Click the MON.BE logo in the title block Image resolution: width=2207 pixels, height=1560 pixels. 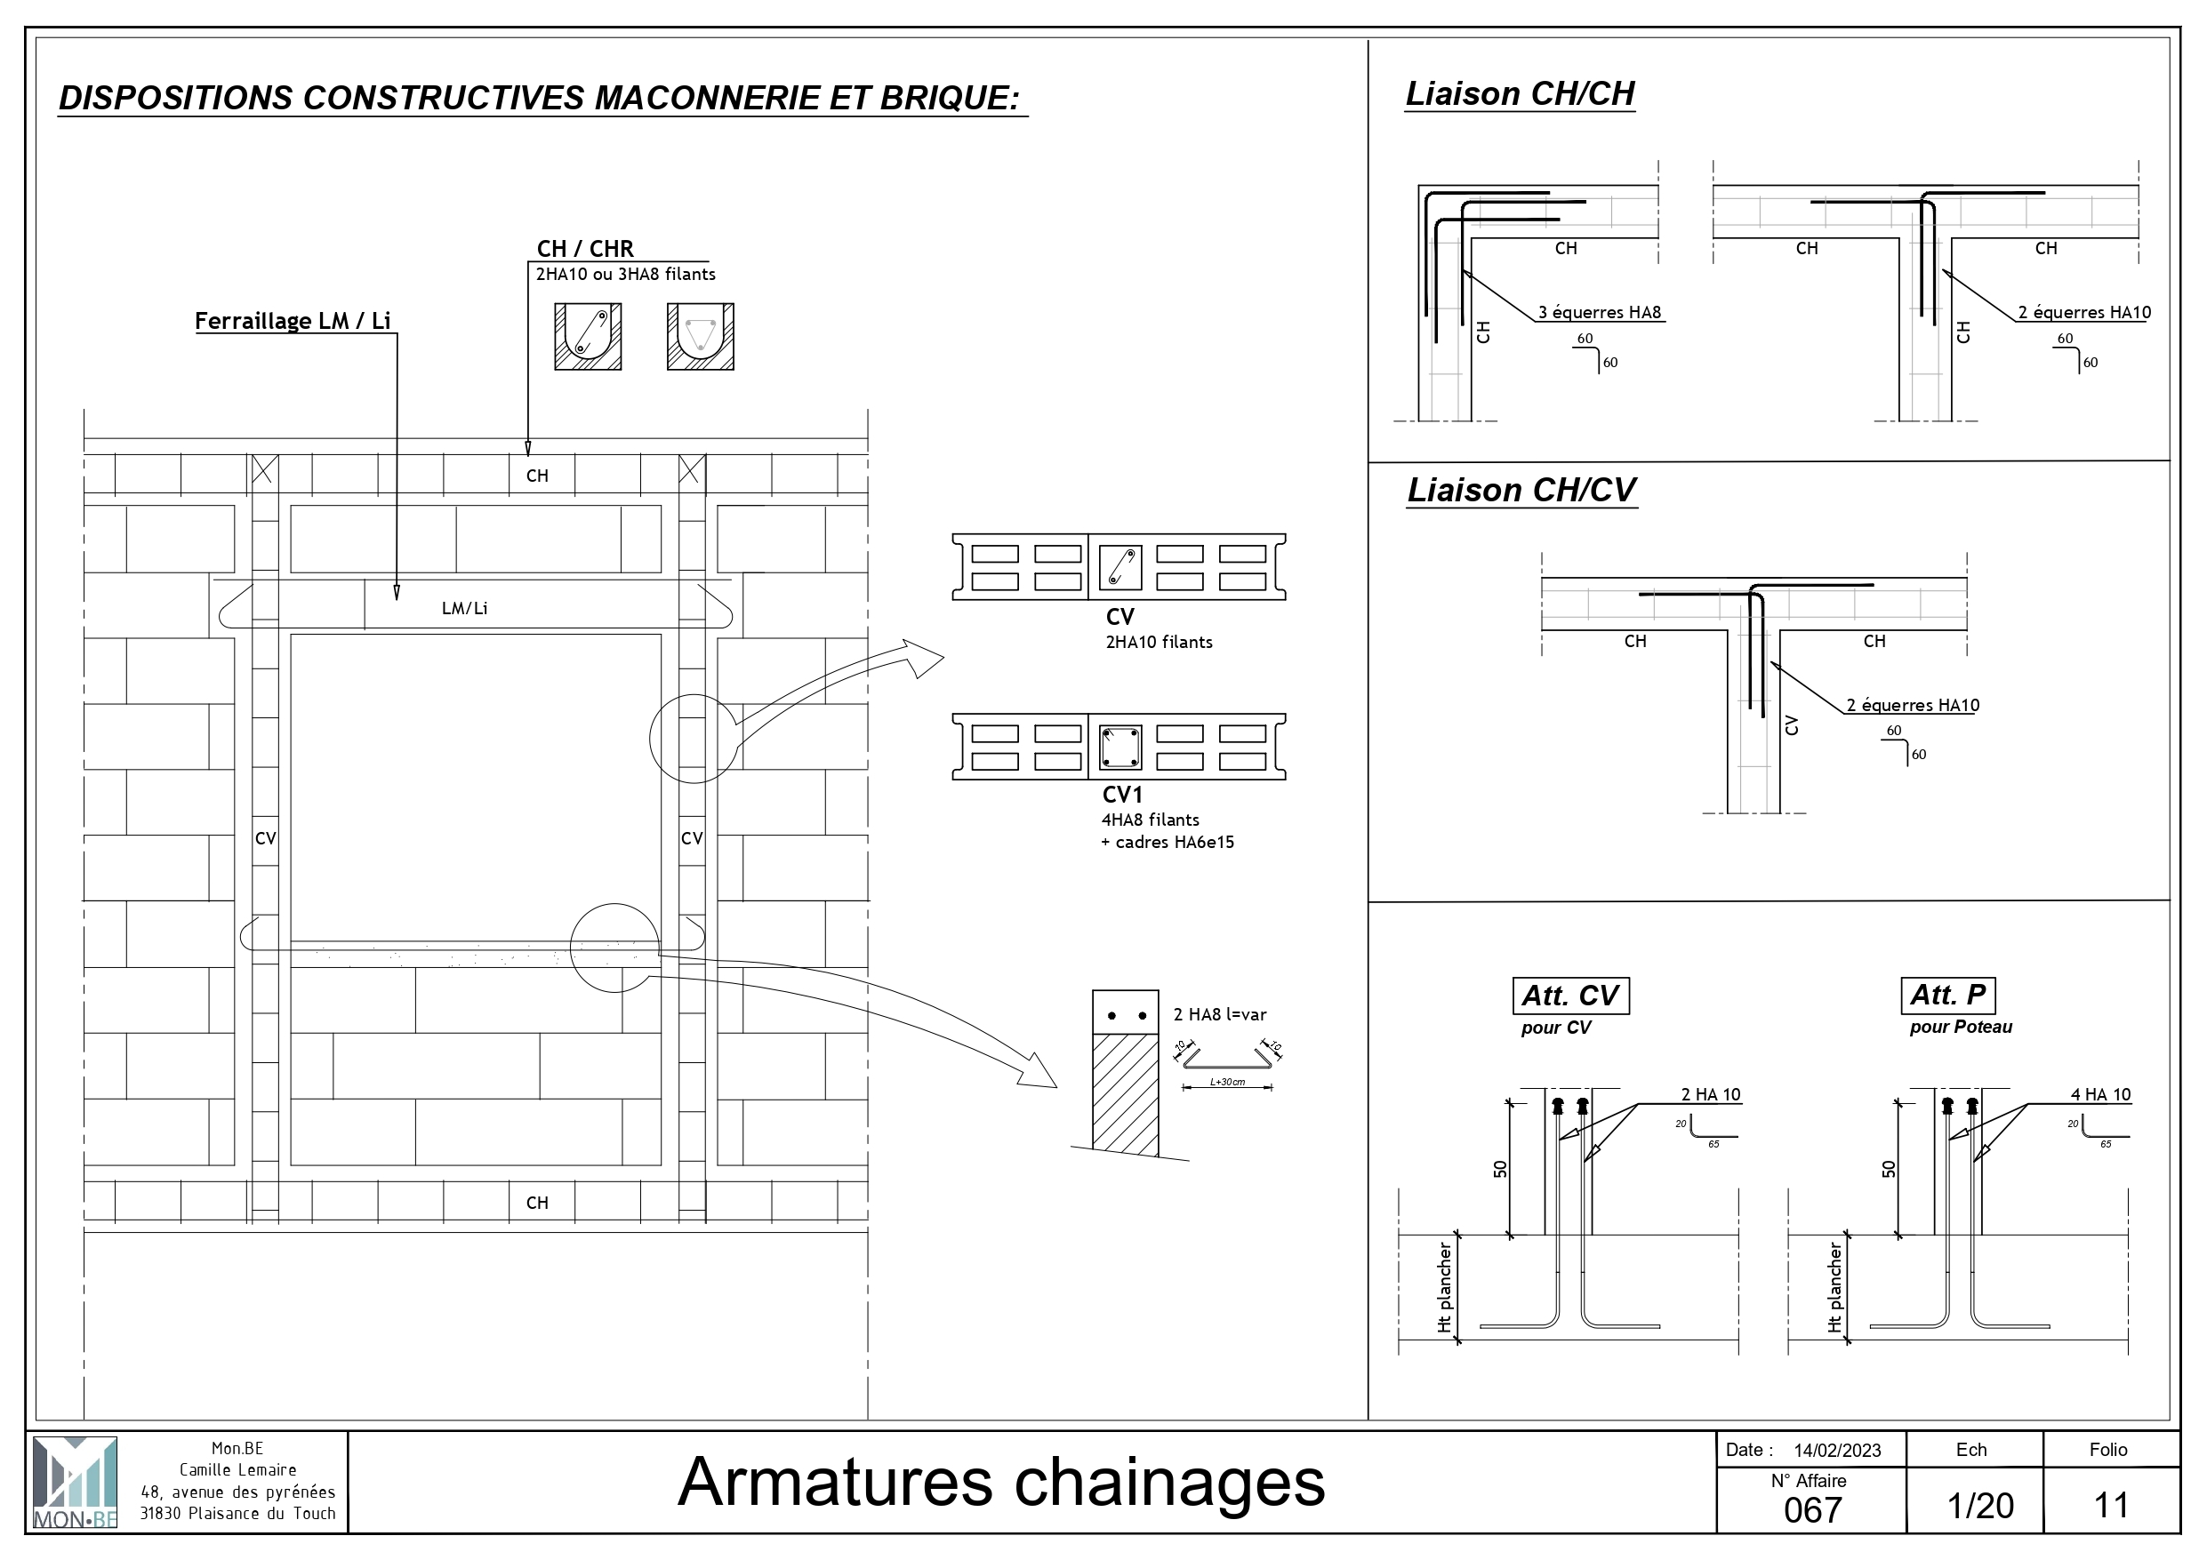click(x=75, y=1481)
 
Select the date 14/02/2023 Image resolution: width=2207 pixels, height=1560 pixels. click(x=1836, y=1451)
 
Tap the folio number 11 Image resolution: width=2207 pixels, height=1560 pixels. click(x=2111, y=1505)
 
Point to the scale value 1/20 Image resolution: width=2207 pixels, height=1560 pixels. click(x=1980, y=1505)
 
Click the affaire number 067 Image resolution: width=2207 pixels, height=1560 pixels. click(x=1813, y=1510)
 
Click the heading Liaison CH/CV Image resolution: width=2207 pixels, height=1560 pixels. click(x=1521, y=490)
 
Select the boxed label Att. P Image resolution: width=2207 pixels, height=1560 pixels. click(x=1947, y=995)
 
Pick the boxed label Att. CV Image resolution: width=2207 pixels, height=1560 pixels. click(x=1569, y=996)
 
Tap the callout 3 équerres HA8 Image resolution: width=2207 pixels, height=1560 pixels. click(x=1600, y=312)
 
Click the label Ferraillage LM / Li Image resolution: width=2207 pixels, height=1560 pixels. click(x=293, y=321)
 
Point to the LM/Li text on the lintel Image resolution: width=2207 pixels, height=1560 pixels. click(x=464, y=608)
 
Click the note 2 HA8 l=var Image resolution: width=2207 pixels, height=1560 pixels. click(x=1219, y=1014)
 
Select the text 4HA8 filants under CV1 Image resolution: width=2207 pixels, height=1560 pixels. click(x=1150, y=820)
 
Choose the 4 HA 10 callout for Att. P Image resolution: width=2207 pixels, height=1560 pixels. click(x=2100, y=1095)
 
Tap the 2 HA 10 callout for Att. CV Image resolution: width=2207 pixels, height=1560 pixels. click(x=1710, y=1095)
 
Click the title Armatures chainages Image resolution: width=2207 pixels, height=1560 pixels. click(x=1000, y=1481)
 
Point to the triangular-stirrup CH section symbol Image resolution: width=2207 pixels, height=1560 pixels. click(x=700, y=336)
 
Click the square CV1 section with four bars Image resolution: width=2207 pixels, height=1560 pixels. click(x=1120, y=747)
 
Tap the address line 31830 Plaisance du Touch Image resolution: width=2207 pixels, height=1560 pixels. click(x=237, y=1513)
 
